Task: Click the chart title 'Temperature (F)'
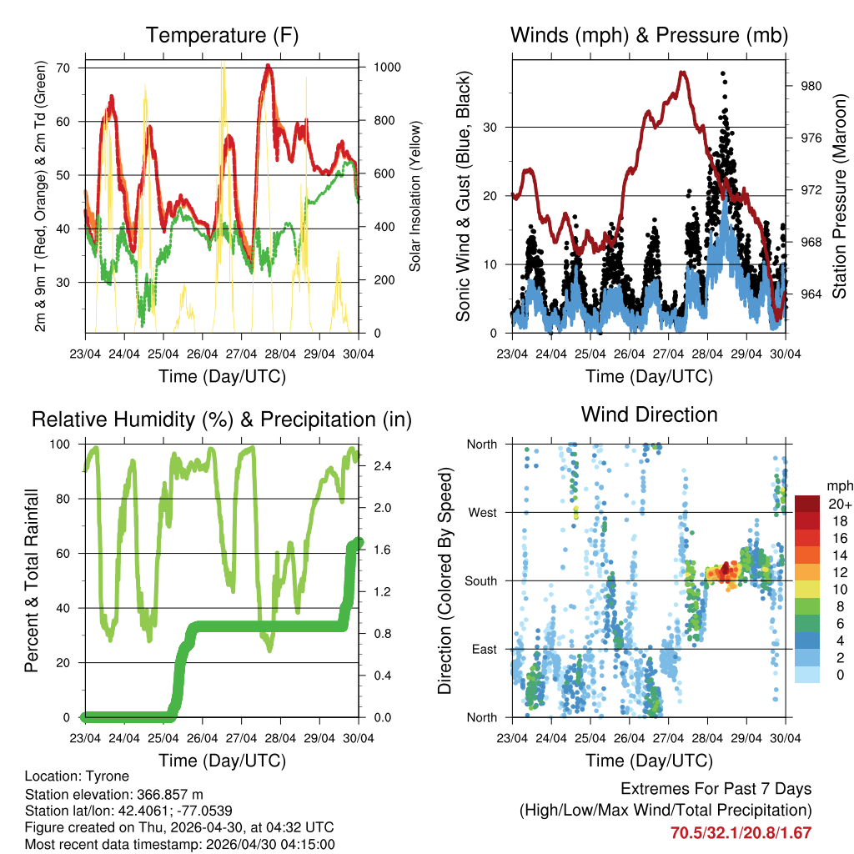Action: point(222,35)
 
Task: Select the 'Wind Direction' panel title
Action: point(649,414)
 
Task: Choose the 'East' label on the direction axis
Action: point(484,649)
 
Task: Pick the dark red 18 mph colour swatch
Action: point(808,521)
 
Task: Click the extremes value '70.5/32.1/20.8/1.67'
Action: point(741,832)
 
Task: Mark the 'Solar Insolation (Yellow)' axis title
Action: point(414,196)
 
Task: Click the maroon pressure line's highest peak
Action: point(683,73)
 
